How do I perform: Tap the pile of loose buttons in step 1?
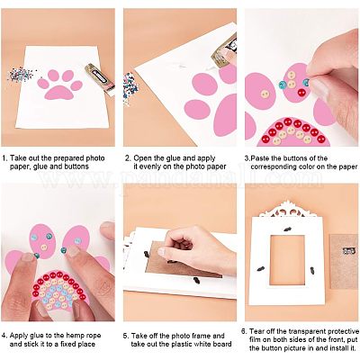click(20, 75)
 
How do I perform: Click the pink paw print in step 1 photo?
click(60, 85)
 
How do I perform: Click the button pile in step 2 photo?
click(130, 86)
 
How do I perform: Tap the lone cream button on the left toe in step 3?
click(265, 94)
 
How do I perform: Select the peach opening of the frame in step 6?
click(287, 260)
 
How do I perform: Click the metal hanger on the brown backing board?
click(348, 250)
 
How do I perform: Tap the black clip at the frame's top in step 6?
click(287, 229)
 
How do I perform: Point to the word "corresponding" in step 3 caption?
click(276, 166)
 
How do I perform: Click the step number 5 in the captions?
click(126, 336)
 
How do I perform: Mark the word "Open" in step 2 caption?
click(142, 158)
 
